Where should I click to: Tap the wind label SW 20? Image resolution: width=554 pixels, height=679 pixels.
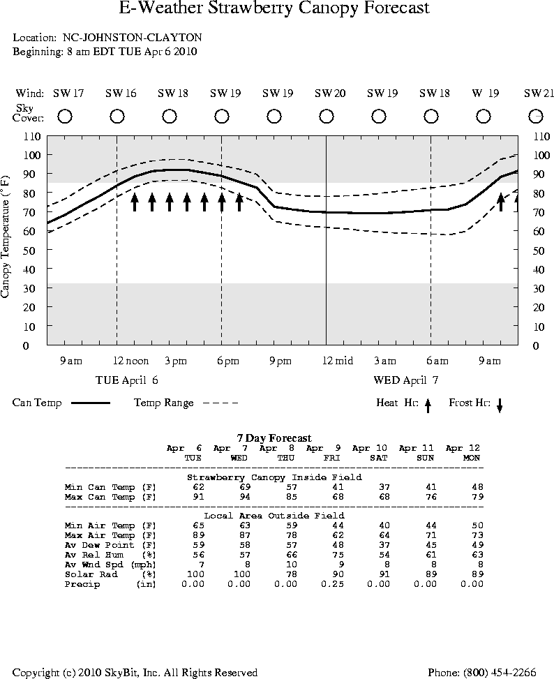click(329, 94)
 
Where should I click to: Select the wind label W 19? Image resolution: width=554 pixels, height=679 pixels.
click(486, 94)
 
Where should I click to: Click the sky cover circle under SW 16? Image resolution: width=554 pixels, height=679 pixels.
click(117, 116)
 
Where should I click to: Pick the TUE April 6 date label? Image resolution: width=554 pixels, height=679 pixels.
click(126, 380)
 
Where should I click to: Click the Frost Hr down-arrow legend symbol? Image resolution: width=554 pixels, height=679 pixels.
click(500, 405)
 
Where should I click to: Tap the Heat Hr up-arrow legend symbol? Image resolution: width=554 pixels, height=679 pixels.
click(428, 405)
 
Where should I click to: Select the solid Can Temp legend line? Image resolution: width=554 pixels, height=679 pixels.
click(91, 403)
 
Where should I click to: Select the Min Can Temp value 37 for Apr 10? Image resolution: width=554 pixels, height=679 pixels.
click(381, 487)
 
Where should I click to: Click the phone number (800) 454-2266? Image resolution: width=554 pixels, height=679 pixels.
click(481, 673)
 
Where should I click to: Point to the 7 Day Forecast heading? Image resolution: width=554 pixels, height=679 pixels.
click(274, 438)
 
